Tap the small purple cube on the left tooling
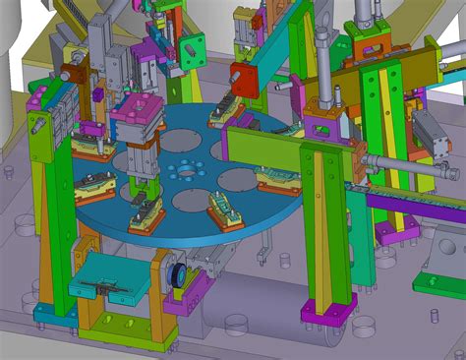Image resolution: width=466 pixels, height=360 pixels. pyautogui.click(x=99, y=95)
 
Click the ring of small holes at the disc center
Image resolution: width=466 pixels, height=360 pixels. pyautogui.click(x=183, y=170)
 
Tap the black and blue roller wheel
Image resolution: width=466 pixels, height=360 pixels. pyautogui.click(x=179, y=275)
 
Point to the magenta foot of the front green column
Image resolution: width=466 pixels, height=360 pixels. pyautogui.click(x=321, y=313)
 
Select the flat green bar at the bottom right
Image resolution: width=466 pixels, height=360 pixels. pyautogui.click(x=438, y=286)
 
